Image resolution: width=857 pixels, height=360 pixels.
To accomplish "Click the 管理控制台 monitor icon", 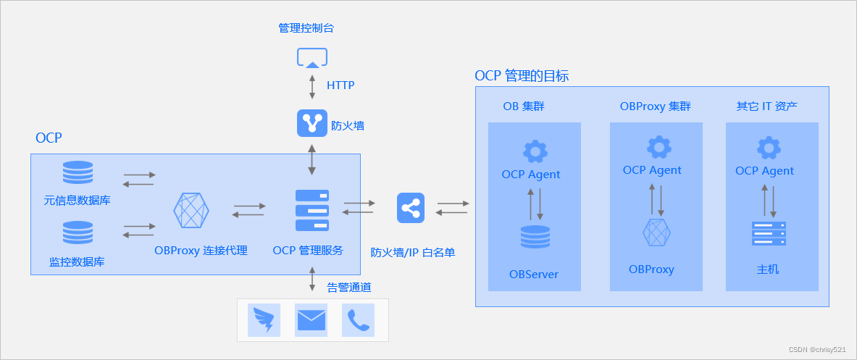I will [312, 58].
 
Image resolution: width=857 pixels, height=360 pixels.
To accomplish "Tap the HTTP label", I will [340, 85].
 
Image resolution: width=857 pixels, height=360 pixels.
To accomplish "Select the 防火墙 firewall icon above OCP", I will [312, 123].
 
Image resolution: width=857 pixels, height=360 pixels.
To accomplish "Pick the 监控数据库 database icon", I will [78, 233].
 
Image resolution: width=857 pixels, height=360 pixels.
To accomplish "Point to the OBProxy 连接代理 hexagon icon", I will [191, 211].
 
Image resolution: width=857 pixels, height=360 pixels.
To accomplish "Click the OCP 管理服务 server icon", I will [312, 210].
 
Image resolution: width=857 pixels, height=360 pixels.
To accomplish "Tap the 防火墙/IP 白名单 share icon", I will [411, 208].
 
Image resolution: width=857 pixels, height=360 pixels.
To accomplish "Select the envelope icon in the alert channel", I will [311, 319].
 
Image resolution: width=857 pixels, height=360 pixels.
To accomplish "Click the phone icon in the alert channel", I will [358, 319].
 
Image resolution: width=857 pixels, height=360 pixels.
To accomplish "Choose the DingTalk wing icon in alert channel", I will [264, 319].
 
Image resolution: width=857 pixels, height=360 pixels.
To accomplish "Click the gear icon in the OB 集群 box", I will [535, 151].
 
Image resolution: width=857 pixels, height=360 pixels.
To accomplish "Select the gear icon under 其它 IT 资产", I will [769, 148].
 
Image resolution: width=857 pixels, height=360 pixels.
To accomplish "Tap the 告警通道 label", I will [349, 288].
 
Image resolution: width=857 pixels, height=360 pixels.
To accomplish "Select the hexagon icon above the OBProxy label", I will [657, 233].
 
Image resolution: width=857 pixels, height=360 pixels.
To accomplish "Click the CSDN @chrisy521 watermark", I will [816, 349].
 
